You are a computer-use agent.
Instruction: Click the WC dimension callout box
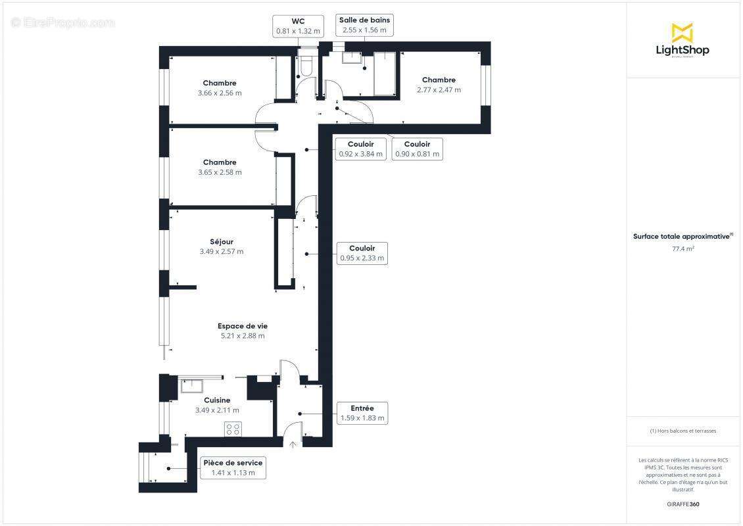click(x=298, y=26)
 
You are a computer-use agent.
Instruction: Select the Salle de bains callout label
click(x=364, y=25)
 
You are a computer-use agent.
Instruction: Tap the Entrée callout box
click(x=362, y=413)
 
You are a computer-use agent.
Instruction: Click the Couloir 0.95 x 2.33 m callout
click(x=362, y=253)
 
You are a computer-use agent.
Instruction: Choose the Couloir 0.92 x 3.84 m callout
click(x=361, y=149)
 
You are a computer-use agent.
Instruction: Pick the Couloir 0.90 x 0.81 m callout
click(x=417, y=149)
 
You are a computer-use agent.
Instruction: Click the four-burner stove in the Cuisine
click(x=233, y=429)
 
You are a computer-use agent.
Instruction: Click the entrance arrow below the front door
click(x=293, y=444)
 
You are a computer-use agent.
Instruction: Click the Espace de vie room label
click(x=243, y=326)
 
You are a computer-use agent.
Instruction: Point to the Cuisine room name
click(x=217, y=400)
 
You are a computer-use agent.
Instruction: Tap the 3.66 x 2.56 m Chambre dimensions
click(x=220, y=93)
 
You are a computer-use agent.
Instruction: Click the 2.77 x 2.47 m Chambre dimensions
click(x=439, y=90)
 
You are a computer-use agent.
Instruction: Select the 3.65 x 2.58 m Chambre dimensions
click(x=220, y=172)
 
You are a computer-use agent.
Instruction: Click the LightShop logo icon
click(x=682, y=32)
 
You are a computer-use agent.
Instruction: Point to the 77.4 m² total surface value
click(x=683, y=249)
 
